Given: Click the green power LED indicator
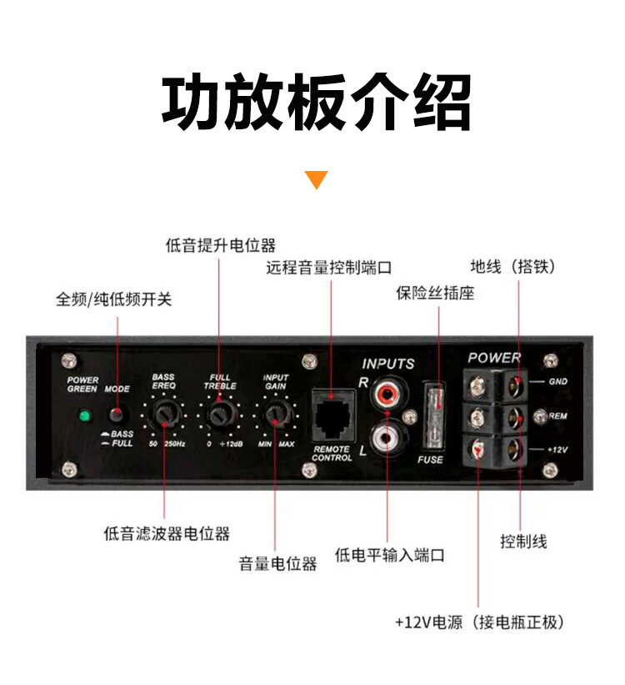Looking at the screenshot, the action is coord(84,416).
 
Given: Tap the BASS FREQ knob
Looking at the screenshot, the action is coord(163,416).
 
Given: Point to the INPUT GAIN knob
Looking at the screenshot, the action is coord(275,416).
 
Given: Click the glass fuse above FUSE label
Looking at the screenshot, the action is coord(434,417).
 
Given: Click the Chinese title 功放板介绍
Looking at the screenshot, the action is coord(317,103).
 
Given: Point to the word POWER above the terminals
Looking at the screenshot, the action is coord(494,358).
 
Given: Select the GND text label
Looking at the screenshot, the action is coord(557,382).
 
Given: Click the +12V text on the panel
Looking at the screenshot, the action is coord(557,450).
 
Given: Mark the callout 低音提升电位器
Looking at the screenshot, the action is coord(220,245).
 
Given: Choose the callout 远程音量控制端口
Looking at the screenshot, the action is coord(328,267).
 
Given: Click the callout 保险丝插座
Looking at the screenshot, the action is coord(435,293).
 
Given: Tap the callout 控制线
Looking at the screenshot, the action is coord(523,541).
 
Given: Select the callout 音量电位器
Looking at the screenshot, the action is coord(277,563).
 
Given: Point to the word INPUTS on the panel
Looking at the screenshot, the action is coord(388,364).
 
